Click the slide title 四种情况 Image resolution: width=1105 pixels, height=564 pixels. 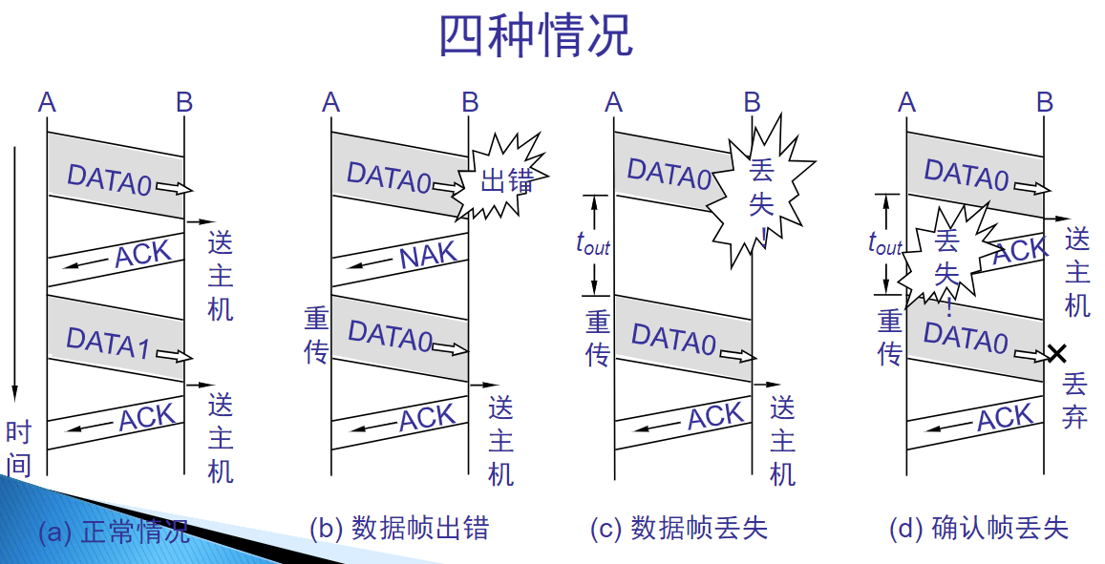pos(535,36)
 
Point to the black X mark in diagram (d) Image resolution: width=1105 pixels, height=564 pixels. pos(1056,354)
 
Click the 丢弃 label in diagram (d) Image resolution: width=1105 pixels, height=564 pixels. pos(1075,401)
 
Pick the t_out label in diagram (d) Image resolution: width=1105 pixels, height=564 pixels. pos(885,243)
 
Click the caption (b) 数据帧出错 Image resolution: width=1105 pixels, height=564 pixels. pos(398,528)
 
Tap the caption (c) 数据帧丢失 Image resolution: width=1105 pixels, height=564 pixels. pos(679,528)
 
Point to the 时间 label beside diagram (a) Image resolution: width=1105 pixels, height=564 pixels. pos(18,448)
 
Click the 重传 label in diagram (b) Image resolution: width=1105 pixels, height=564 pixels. pos(316,336)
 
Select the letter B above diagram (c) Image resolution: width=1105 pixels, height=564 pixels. pos(753,101)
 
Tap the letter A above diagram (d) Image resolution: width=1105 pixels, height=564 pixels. pos(906,101)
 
